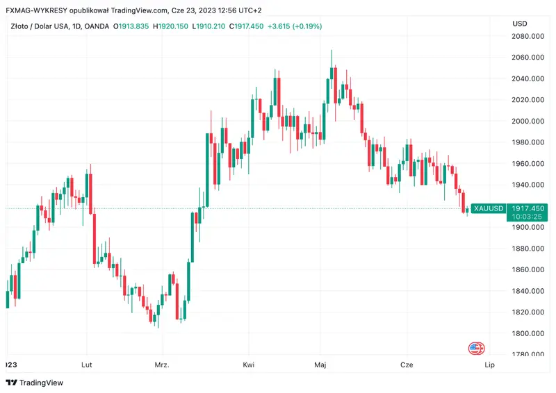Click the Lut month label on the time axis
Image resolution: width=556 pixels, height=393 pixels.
coord(88,365)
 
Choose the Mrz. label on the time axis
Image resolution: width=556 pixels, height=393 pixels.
coord(162,365)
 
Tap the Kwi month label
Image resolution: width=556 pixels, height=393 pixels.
coord(248,365)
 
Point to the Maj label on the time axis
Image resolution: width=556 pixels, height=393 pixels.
coord(320,365)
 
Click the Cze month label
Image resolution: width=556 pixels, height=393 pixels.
coord(407,365)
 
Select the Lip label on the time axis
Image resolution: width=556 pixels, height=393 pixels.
coord(489,365)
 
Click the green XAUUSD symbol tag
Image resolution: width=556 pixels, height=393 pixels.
coord(487,208)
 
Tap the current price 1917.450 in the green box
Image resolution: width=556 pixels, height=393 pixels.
coord(528,208)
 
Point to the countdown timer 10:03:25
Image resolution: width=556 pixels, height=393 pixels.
coord(528,217)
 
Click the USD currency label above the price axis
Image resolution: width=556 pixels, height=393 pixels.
coord(520,24)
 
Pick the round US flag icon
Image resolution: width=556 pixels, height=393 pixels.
coord(476,349)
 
